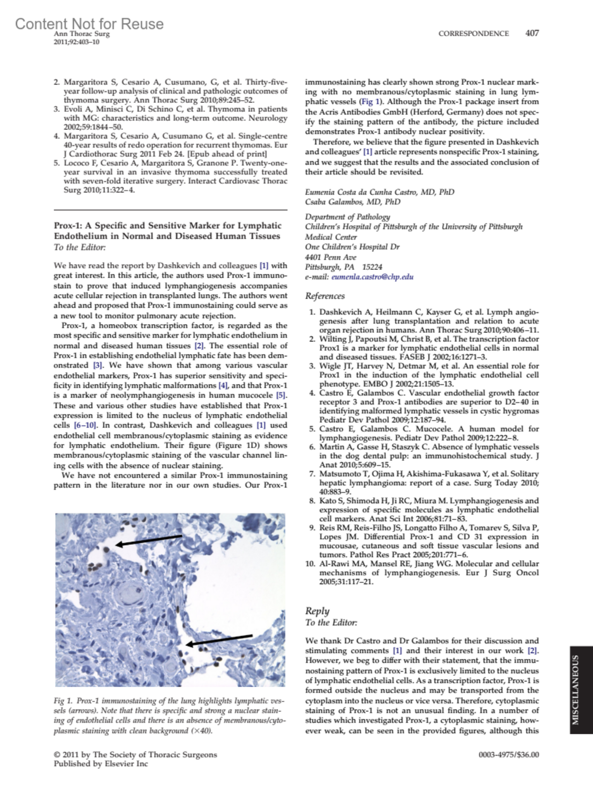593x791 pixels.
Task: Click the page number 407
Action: (532, 34)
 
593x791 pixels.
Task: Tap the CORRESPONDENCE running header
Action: (473, 34)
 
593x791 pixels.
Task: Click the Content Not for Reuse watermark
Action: (89, 23)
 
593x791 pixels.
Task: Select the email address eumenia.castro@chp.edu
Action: (372, 277)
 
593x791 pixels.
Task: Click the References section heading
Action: (325, 296)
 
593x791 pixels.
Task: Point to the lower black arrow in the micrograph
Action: (219, 640)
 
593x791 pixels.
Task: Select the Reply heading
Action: (317, 611)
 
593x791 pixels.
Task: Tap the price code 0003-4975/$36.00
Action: (508, 755)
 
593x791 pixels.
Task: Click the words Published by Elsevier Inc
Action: (101, 764)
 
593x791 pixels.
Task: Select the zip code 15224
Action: (372, 267)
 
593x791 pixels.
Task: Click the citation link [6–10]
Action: (85, 425)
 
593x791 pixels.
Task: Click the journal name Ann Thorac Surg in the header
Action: (82, 34)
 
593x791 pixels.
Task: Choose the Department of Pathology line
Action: (347, 217)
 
